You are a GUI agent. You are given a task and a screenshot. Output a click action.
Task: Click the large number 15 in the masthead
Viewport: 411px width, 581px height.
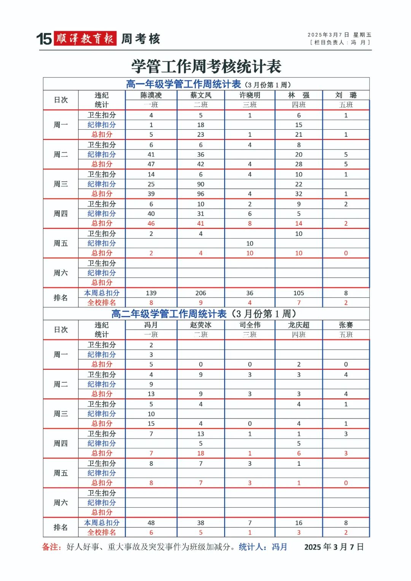coord(44,39)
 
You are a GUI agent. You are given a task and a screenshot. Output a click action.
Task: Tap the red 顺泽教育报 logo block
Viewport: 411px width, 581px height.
coord(85,38)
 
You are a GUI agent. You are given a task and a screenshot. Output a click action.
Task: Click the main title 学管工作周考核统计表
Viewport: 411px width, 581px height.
coord(206,67)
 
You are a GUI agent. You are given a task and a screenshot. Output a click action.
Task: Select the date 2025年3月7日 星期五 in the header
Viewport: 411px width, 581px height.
coord(339,35)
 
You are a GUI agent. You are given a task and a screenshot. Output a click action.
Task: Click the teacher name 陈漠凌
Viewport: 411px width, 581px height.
coord(151,95)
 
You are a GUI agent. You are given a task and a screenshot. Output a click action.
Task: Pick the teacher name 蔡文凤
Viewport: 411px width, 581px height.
coord(201,95)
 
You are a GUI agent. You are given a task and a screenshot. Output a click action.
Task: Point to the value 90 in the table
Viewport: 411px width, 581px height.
coord(201,184)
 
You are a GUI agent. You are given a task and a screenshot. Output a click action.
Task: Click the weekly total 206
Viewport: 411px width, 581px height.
coord(201,293)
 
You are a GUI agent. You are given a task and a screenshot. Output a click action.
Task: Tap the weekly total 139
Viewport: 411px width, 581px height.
coord(151,293)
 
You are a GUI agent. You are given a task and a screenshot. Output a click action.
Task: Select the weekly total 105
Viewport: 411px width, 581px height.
coord(299,293)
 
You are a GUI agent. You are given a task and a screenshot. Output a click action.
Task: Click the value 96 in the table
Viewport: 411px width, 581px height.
coord(201,194)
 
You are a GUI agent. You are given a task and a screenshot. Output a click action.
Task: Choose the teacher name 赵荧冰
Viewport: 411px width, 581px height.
coord(201,325)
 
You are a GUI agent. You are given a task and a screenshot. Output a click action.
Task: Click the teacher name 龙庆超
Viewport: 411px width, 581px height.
coord(299,325)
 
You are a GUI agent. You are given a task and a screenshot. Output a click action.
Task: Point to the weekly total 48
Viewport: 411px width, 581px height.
coord(151,523)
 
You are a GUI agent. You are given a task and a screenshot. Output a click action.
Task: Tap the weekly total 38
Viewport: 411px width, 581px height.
coord(201,523)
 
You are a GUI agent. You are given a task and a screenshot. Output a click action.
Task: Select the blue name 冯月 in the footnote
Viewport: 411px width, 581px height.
coord(279,547)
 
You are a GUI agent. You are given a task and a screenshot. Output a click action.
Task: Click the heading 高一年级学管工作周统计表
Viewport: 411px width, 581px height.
coord(183,84)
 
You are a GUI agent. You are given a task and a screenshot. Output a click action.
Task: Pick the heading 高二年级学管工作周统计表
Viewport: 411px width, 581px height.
coord(169,314)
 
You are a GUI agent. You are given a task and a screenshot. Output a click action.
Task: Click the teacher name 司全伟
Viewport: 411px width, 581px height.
coord(250,325)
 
